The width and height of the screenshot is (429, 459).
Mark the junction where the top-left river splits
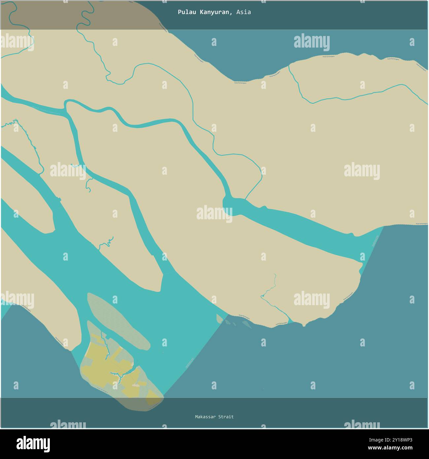click(x=66, y=106)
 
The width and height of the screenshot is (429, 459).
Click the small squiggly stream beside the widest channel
click(x=107, y=243)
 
